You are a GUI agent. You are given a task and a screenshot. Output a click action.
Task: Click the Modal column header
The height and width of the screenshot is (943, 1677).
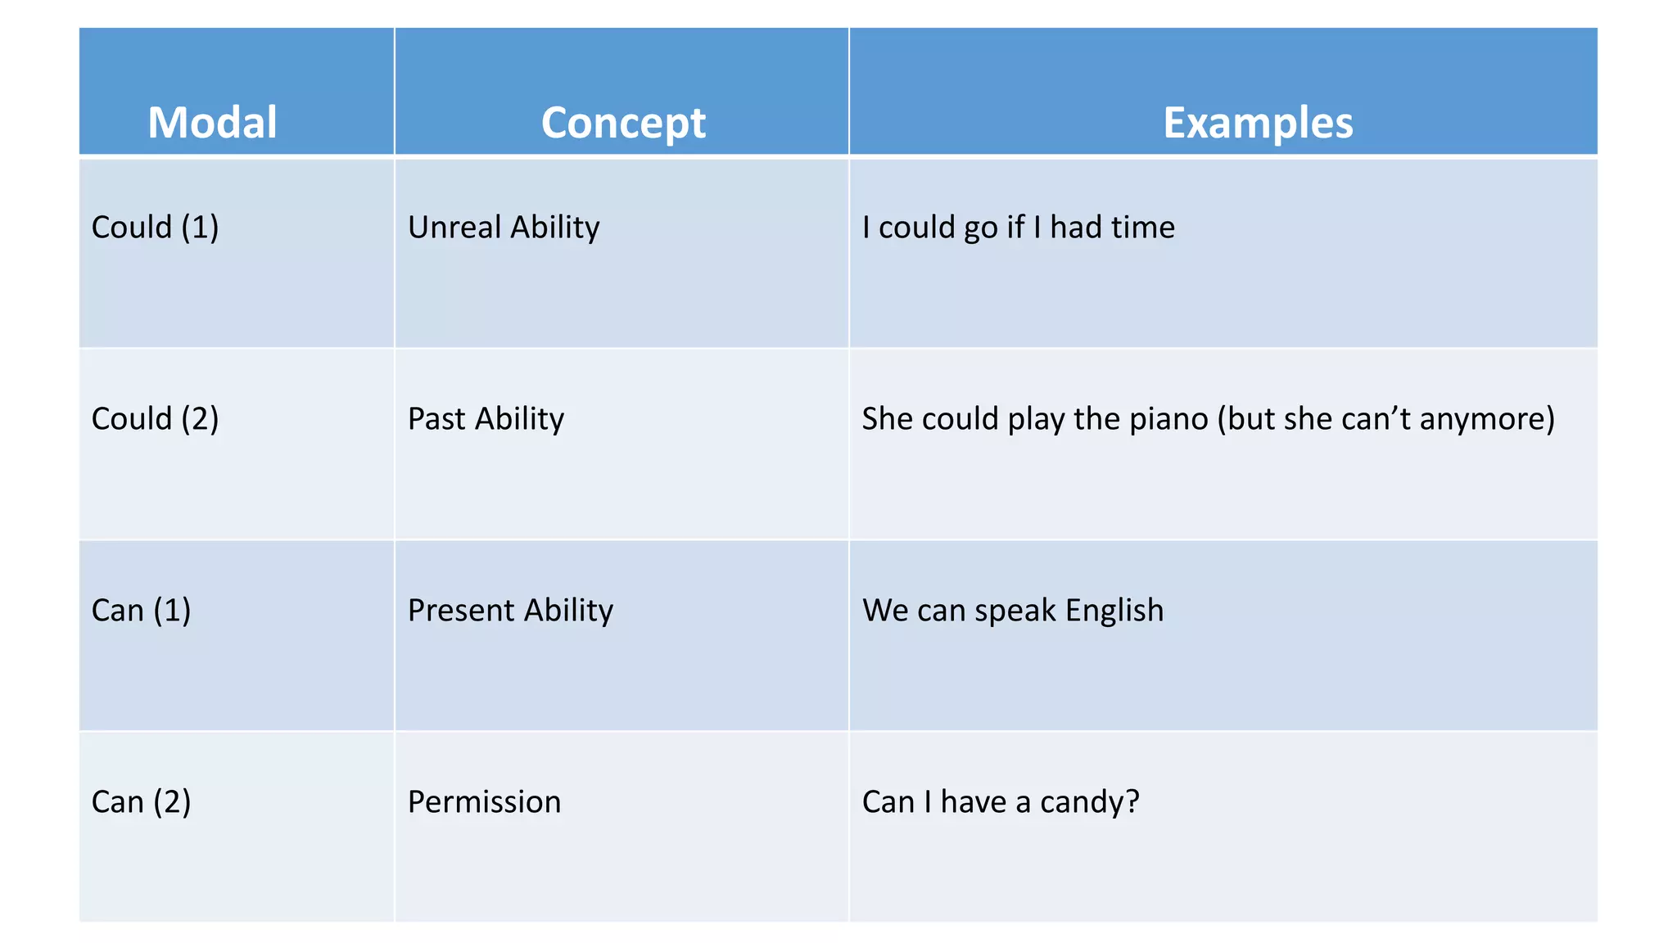coord(212,123)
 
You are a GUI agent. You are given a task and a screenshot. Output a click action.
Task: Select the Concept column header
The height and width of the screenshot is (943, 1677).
coord(622,123)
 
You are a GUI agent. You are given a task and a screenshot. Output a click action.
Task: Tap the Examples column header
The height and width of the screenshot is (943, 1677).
coord(1258,123)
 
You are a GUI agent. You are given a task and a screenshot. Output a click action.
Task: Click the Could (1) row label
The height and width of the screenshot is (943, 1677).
coord(155,228)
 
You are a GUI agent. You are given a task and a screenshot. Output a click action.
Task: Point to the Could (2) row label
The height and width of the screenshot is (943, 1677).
coord(155,419)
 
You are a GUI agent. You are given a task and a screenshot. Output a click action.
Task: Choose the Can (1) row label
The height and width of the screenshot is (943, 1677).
coord(141,611)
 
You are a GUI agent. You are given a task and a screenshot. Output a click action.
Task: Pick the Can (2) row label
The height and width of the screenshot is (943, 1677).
coord(141,802)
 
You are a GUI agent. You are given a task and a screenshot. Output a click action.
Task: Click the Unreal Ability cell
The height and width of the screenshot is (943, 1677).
coord(504,228)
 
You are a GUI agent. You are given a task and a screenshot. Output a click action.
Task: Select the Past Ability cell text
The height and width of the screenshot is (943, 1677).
coord(486,419)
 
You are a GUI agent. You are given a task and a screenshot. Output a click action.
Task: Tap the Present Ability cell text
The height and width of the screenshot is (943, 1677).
coord(510,611)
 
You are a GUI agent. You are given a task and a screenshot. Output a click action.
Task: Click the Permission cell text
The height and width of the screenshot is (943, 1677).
coord(484,802)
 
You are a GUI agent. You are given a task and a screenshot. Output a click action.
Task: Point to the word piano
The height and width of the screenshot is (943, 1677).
coord(1168,419)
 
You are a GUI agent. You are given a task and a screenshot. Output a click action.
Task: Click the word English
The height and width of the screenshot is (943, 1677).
coord(1114,611)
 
